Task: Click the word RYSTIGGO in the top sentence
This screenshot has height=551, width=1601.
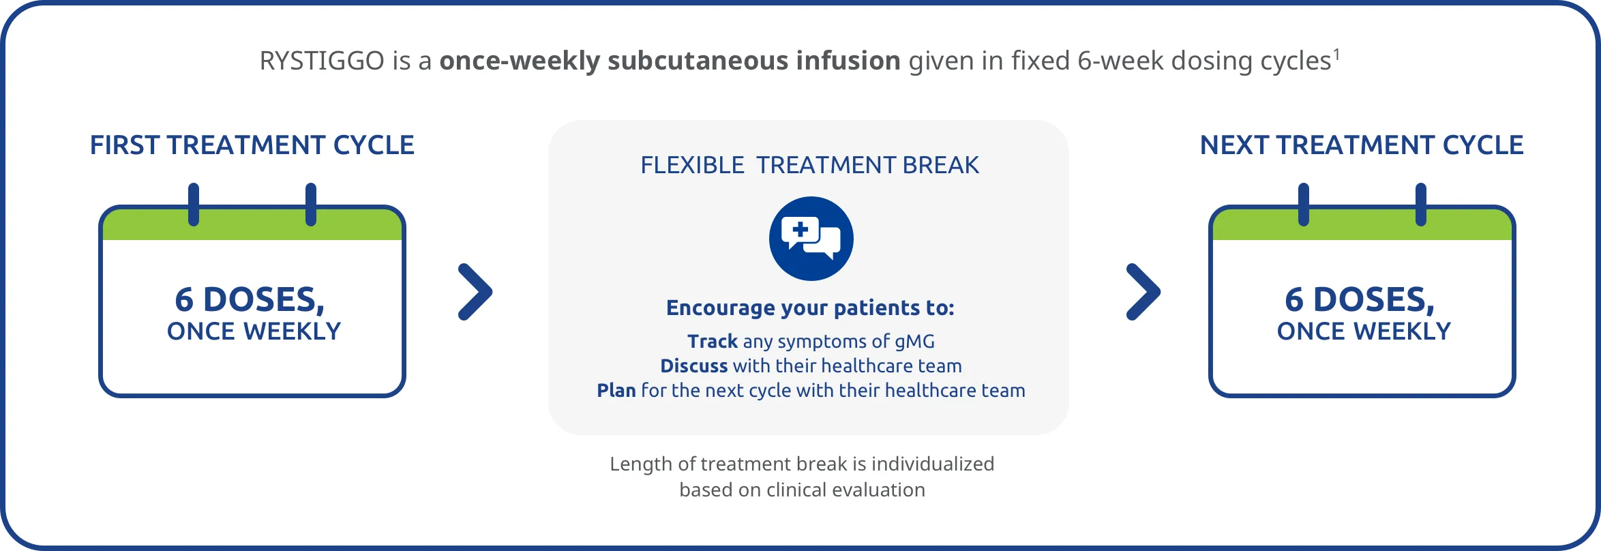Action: click(x=322, y=61)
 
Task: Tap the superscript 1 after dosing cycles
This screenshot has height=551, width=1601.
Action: click(x=1336, y=54)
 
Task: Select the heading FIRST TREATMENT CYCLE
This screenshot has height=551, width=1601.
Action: click(x=252, y=145)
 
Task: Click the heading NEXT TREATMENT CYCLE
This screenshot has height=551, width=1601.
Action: click(x=1362, y=145)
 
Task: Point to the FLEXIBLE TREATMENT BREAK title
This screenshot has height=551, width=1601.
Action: click(x=809, y=165)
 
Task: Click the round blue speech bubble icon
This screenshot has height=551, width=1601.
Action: click(x=811, y=239)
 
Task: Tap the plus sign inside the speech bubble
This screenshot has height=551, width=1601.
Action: click(x=800, y=230)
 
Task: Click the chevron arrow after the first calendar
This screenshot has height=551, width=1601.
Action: click(x=475, y=292)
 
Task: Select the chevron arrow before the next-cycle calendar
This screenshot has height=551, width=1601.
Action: click(x=1143, y=292)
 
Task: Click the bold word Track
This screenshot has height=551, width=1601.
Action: click(x=713, y=341)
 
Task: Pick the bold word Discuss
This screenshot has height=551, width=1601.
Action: click(x=694, y=366)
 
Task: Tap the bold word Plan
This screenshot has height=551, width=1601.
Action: click(x=616, y=390)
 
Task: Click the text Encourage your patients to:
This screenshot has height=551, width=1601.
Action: click(x=810, y=308)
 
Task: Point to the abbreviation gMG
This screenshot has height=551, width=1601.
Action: click(x=914, y=342)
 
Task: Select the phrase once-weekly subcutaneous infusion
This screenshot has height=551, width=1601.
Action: click(x=670, y=61)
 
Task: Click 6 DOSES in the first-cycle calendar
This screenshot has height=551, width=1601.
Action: click(x=250, y=300)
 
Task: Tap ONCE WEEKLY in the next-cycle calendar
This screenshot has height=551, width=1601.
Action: click(x=1364, y=331)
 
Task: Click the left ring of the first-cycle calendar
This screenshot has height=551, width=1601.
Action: click(x=194, y=205)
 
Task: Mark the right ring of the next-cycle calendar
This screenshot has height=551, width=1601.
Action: click(x=1421, y=205)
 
